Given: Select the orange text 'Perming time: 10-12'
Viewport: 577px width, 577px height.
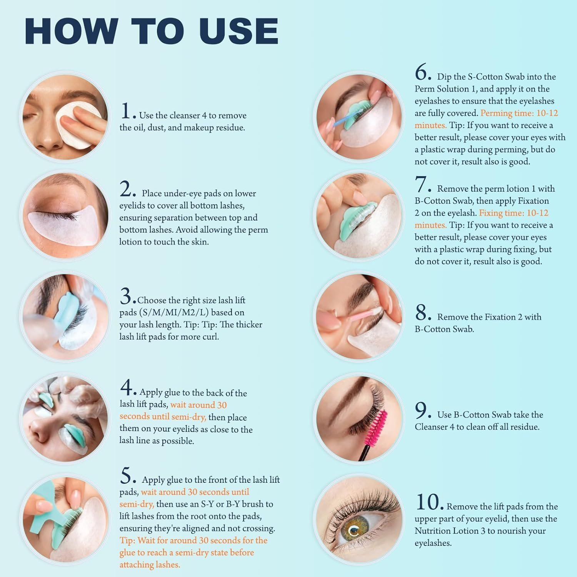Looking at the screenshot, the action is pyautogui.click(x=519, y=113).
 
